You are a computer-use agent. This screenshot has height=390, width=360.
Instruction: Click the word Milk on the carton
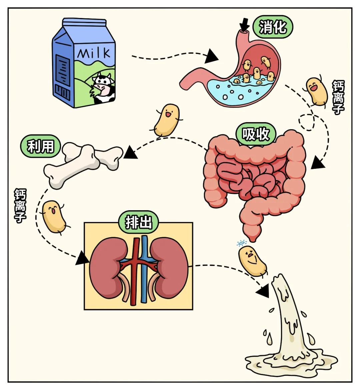pos(94,53)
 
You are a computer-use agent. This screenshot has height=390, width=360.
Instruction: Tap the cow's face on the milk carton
pos(102,85)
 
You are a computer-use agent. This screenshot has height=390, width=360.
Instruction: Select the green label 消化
pos(273,27)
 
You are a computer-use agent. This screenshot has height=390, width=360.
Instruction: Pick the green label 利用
pos(40,146)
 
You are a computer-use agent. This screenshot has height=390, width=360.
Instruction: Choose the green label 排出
pos(138,222)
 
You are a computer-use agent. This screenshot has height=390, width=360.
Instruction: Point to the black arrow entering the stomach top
pos(245,24)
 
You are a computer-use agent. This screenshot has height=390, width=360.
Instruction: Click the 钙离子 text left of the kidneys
pos(20,206)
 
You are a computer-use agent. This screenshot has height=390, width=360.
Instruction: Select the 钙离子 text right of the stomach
pos(338,97)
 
